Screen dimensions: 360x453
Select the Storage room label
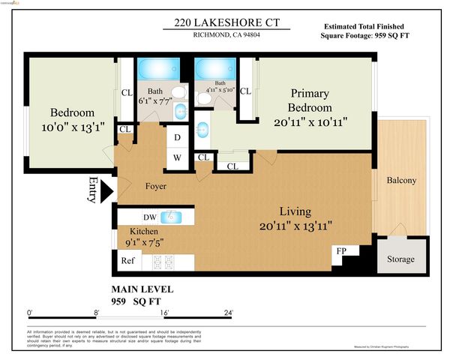click(401, 259)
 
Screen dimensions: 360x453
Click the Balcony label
click(401, 181)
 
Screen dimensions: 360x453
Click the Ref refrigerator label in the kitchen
click(127, 261)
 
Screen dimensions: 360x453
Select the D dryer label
click(177, 138)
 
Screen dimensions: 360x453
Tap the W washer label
click(177, 157)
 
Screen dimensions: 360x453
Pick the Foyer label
click(155, 186)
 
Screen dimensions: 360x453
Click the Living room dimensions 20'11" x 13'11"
click(295, 225)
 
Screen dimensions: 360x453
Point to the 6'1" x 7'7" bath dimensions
click(154, 100)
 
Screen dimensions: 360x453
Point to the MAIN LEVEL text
click(142, 289)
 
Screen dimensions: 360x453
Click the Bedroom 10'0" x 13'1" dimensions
click(68, 127)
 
